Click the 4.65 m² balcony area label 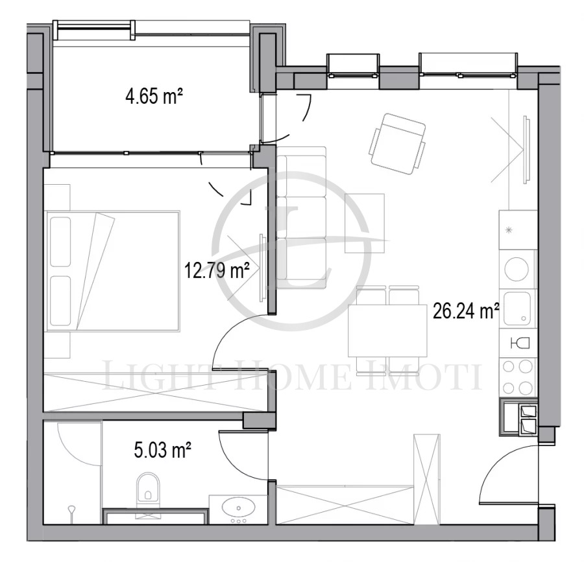tap(154, 97)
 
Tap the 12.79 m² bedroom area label tap(217, 270)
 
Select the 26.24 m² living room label tap(466, 311)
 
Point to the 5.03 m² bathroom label tap(163, 451)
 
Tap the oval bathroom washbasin tap(239, 508)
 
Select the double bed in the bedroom tap(112, 271)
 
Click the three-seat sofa tap(301, 218)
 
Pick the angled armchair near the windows tap(397, 144)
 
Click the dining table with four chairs tap(387, 331)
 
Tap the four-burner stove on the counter tap(518, 377)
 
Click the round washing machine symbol tap(517, 269)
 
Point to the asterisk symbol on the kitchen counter tap(508, 230)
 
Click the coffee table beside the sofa tap(364, 223)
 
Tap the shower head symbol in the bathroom tap(72, 512)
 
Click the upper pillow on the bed tap(60, 242)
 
